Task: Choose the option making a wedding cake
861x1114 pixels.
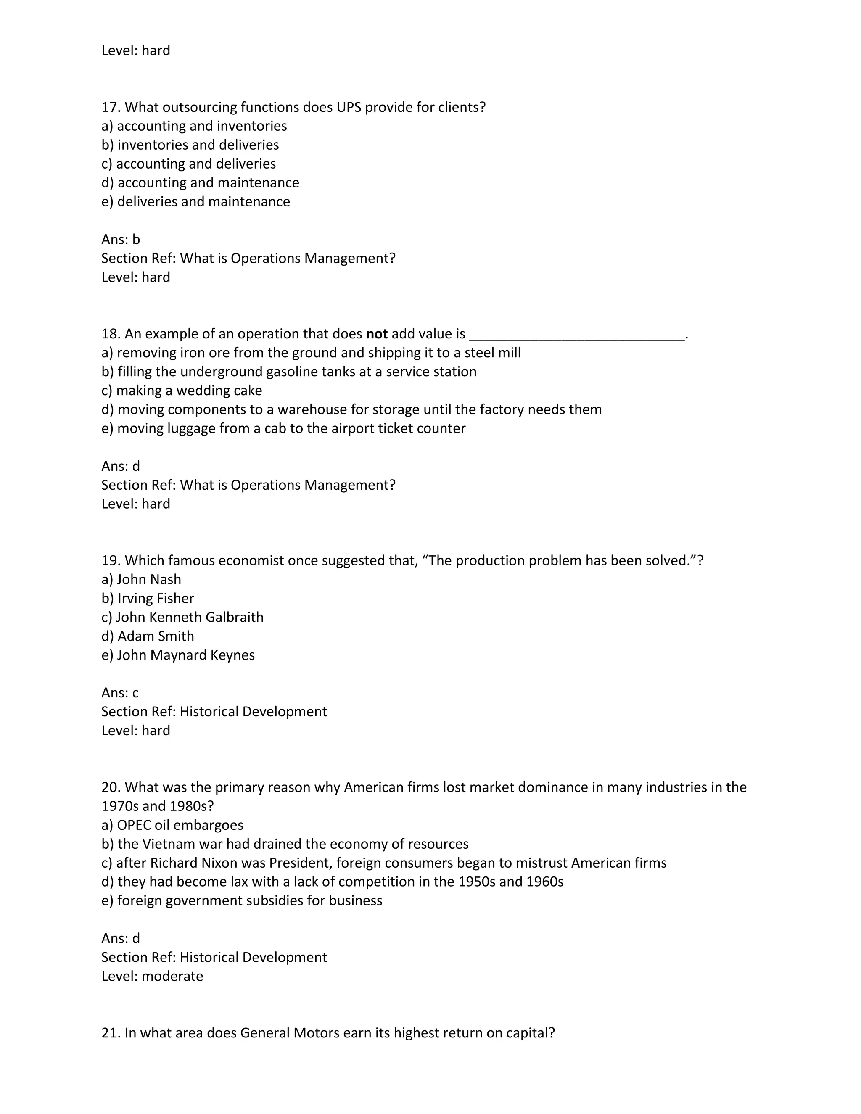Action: [x=182, y=391]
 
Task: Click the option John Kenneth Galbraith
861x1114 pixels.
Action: [x=182, y=617]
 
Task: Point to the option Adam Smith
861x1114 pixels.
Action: [x=148, y=636]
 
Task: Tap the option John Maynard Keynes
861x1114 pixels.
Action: [x=177, y=655]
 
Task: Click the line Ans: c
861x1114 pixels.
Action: [x=120, y=693]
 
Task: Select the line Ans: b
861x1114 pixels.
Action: [x=120, y=239]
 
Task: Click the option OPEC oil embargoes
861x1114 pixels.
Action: [x=172, y=825]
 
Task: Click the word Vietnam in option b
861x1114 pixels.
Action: [x=171, y=844]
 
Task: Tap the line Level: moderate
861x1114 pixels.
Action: [x=152, y=976]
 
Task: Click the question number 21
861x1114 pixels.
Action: [x=110, y=1033]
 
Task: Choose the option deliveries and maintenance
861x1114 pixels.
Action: [x=195, y=202]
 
